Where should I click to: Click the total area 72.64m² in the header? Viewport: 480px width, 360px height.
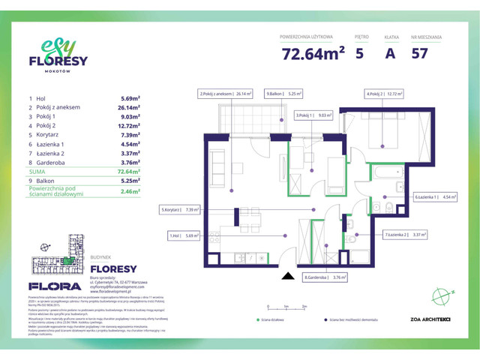313,53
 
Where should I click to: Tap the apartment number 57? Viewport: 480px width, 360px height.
421,53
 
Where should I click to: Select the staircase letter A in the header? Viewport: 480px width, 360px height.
389,53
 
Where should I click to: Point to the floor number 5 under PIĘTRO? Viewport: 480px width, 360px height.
361,53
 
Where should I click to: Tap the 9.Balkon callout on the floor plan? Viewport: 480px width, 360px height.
283,94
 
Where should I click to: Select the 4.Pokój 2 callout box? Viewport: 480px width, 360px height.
384,94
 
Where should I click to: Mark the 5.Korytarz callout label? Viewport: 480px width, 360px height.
179,211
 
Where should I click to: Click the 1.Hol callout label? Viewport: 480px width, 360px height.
184,235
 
